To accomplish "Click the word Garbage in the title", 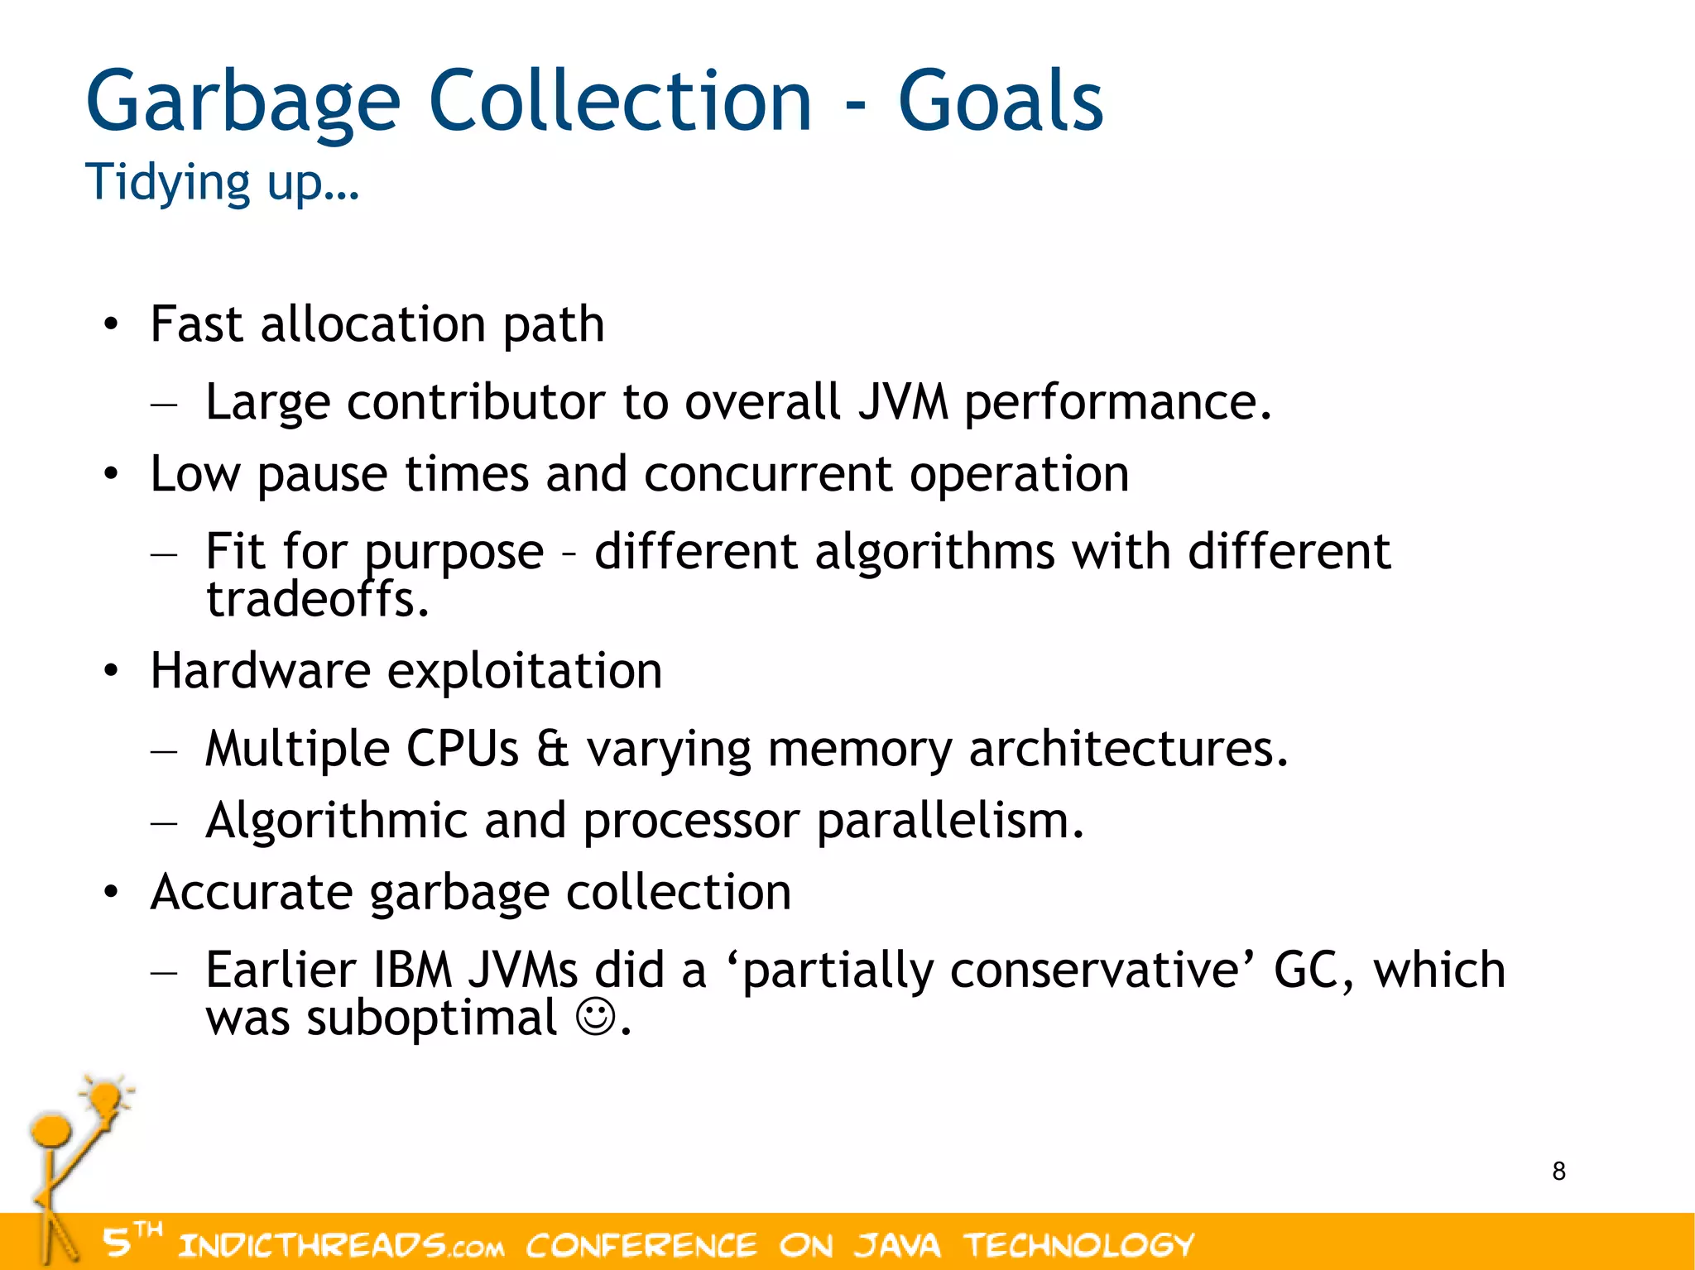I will [242, 102].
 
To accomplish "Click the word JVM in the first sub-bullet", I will [902, 402].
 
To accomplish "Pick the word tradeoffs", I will [317, 599].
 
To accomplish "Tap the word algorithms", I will [934, 551].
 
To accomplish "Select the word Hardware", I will [260, 670].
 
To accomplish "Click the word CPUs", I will [462, 749].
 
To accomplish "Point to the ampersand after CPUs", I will [552, 749].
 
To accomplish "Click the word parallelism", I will [950, 821].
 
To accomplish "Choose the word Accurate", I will [252, 892].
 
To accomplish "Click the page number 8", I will [1558, 1171].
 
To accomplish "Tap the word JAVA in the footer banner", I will [897, 1244].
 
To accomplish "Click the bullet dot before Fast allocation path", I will [111, 324].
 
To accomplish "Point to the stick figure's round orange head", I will [51, 1129].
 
